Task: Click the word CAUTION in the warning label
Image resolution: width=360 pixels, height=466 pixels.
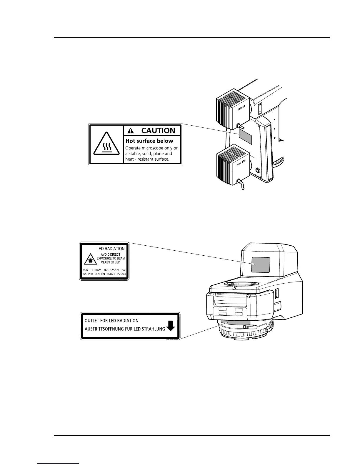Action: click(x=158, y=131)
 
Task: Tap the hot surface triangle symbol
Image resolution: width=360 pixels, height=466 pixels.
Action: click(x=106, y=144)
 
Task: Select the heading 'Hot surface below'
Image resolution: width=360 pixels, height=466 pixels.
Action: click(x=149, y=141)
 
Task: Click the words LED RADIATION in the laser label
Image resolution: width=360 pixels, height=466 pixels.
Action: click(x=110, y=249)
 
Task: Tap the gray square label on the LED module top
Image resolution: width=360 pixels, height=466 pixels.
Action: click(x=261, y=264)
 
